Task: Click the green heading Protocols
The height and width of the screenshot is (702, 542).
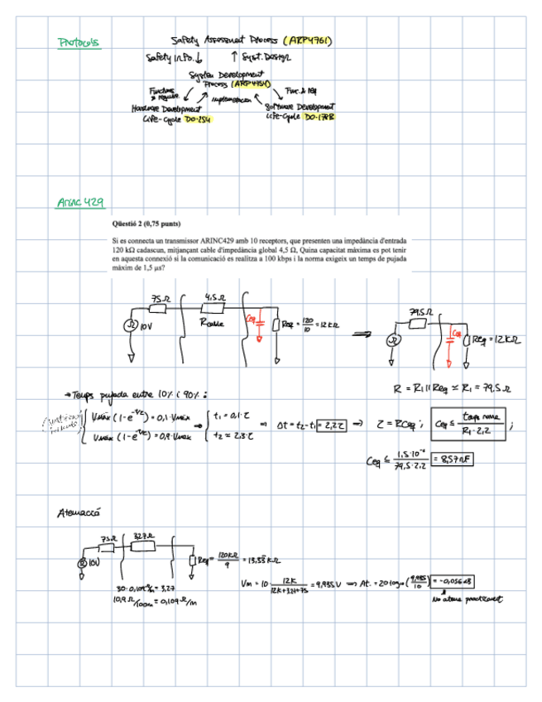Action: [79, 42]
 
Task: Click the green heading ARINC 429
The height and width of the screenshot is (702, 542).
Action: [80, 202]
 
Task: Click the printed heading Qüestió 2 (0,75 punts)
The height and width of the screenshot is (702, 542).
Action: [146, 224]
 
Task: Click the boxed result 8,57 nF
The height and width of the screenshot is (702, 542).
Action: [455, 457]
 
